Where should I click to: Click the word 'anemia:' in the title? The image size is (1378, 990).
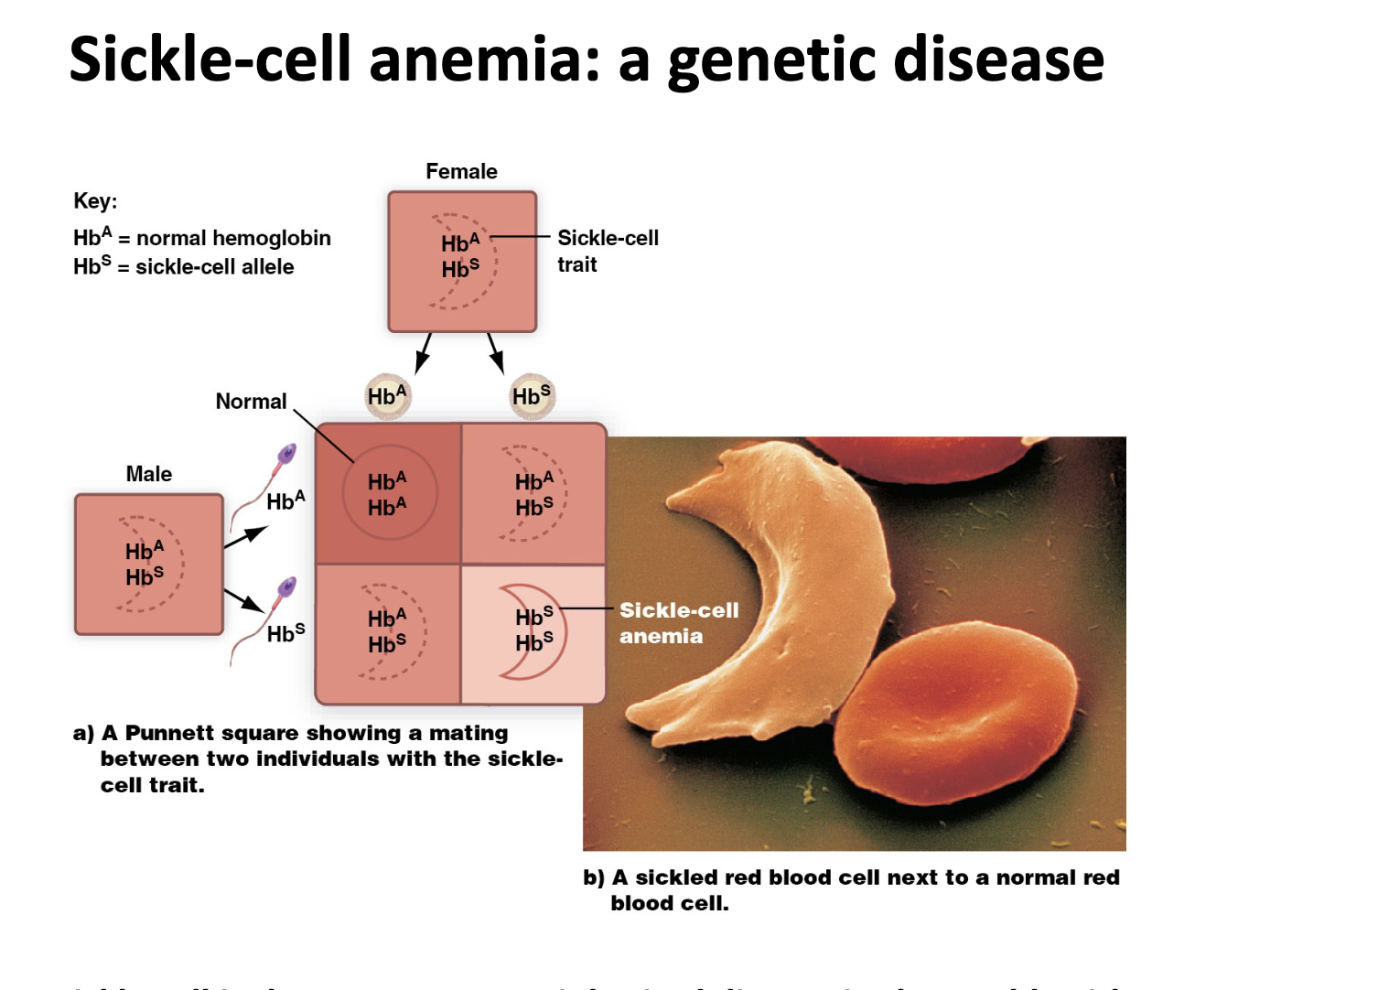coord(484,59)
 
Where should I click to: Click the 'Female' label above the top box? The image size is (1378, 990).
coord(461,172)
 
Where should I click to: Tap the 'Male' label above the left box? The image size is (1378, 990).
coord(148,474)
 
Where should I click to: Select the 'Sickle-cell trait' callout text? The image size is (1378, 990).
coord(607,251)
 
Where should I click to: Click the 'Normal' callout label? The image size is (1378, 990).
coord(251,402)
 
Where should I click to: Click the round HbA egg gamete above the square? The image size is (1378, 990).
coord(387,396)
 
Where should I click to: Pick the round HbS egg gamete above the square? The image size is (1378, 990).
coord(532,396)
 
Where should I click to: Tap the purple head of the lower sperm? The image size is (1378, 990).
coord(287,586)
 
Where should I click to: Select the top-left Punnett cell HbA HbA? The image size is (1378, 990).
coord(388,494)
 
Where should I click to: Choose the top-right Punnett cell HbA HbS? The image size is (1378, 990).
coord(533,494)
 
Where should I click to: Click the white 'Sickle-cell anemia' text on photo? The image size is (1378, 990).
coord(678,623)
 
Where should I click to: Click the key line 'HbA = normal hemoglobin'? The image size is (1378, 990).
coord(202,238)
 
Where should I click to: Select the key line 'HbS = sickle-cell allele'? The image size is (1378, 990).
coord(184,267)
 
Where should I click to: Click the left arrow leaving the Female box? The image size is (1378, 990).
coord(423,353)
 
